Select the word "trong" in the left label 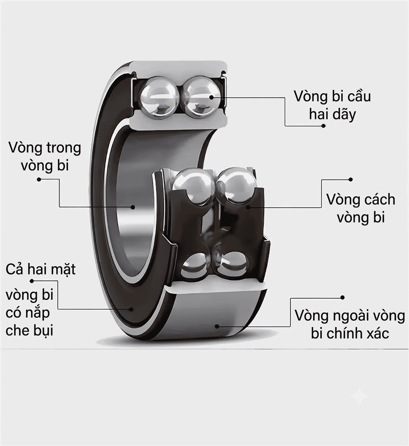click(64, 148)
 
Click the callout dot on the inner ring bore click(133, 207)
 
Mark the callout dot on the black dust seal click(131, 309)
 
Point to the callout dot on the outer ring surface click(217, 326)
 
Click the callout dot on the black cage click(248, 207)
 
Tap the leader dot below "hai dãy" click(323, 125)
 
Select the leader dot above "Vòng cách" click(351, 179)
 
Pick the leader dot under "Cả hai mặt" click(32, 281)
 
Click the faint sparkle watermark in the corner click(359, 396)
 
